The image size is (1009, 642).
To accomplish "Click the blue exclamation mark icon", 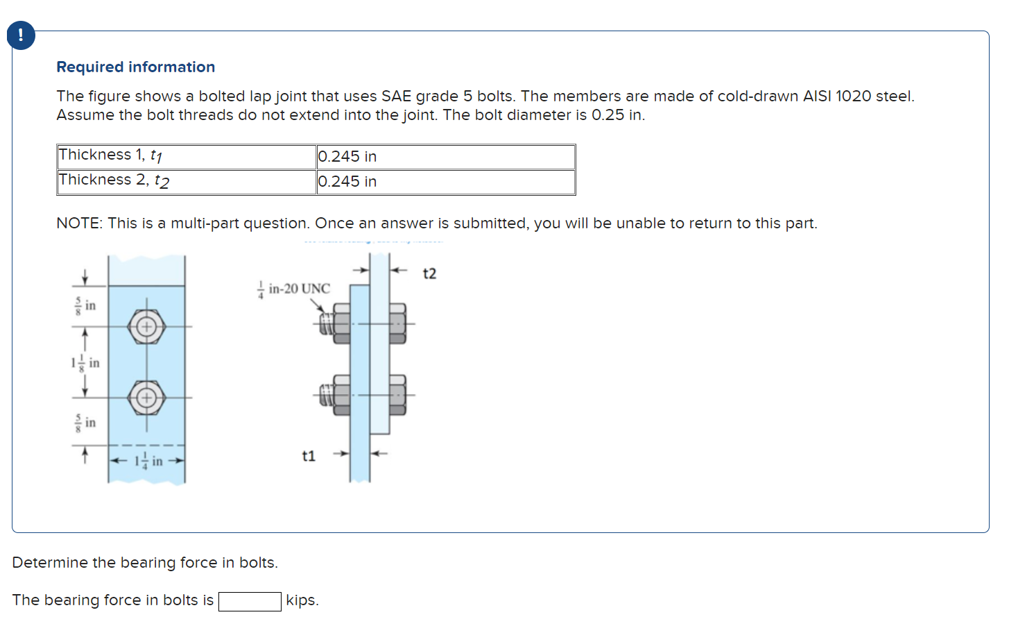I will (21, 35).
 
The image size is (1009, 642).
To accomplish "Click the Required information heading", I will (135, 67).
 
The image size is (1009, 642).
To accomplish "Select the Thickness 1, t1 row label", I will (110, 155).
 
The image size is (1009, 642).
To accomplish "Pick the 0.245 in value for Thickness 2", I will (347, 182).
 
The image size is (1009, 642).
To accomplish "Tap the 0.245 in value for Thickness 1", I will (347, 157).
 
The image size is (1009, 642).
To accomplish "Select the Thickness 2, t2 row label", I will (114, 180).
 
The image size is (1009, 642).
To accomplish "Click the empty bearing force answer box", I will (250, 601).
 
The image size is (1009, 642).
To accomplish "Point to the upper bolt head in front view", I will (146, 326).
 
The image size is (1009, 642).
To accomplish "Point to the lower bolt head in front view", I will (146, 398).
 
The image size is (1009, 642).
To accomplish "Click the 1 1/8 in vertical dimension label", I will (85, 362).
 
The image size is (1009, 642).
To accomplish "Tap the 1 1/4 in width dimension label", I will (148, 461).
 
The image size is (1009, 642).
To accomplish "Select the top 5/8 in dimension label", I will (85, 306).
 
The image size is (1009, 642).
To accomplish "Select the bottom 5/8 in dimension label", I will (85, 423).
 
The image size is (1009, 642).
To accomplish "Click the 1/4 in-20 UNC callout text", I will (294, 289).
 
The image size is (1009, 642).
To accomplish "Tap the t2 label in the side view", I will (429, 273).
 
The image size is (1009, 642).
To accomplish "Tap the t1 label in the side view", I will (309, 456).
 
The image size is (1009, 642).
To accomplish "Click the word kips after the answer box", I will (302, 600).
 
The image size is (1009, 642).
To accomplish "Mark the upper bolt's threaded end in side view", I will (325, 323).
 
